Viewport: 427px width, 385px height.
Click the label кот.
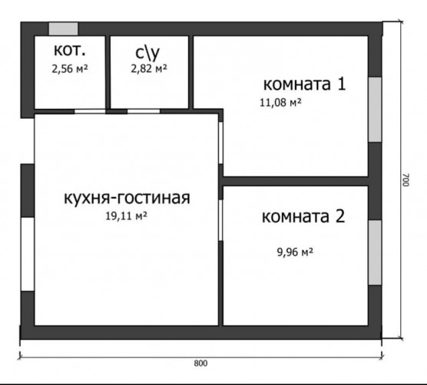click(x=70, y=51)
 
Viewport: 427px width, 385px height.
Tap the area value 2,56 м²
click(x=70, y=69)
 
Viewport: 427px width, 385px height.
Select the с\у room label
click(x=147, y=53)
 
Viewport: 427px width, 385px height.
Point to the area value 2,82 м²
click(x=149, y=68)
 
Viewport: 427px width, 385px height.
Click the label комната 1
click(x=304, y=84)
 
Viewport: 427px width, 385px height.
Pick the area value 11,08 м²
click(x=280, y=103)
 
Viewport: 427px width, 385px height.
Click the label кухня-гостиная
click(x=127, y=198)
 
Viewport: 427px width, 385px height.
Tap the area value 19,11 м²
click(x=127, y=216)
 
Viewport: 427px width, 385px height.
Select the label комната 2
click(x=303, y=216)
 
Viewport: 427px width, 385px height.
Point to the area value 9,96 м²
click(x=295, y=252)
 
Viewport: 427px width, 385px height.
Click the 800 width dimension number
click(x=200, y=364)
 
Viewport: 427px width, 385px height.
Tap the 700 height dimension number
click(x=406, y=179)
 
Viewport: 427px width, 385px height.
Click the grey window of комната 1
click(x=375, y=110)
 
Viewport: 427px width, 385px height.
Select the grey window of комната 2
click(x=375, y=252)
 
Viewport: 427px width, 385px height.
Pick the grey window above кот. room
click(x=63, y=29)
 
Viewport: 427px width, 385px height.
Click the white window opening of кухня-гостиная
click(x=28, y=254)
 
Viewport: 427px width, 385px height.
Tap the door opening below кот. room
click(x=90, y=111)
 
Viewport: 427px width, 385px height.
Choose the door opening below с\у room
click(x=144, y=111)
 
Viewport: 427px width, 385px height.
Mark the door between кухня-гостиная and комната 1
click(x=221, y=143)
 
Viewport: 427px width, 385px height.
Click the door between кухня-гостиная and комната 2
click(x=220, y=220)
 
